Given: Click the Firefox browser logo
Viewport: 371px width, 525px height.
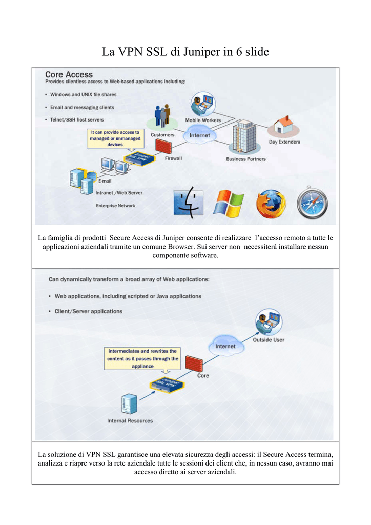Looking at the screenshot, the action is coord(271,204).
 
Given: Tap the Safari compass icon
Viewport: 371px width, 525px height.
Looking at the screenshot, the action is coord(312,203).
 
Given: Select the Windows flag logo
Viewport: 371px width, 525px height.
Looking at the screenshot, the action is coord(229,204).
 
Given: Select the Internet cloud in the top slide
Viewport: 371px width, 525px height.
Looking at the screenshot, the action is coord(200,135).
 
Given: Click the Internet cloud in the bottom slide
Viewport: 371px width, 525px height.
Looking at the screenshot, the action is coord(226,345).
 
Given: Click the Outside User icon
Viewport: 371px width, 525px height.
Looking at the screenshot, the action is coord(269,322).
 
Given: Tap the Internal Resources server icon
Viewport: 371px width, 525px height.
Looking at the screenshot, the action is coord(129,403).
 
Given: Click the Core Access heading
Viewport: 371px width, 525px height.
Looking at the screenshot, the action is coord(69,75).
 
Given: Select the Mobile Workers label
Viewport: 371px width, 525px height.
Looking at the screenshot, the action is coord(203,120).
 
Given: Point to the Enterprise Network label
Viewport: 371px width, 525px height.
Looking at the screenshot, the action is coord(116,206).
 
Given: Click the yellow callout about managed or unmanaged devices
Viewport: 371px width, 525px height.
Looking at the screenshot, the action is coord(115,138).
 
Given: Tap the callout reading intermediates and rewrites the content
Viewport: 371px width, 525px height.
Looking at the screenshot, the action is coord(142,358).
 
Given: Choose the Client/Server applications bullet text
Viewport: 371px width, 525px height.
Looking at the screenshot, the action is coord(89,311).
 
